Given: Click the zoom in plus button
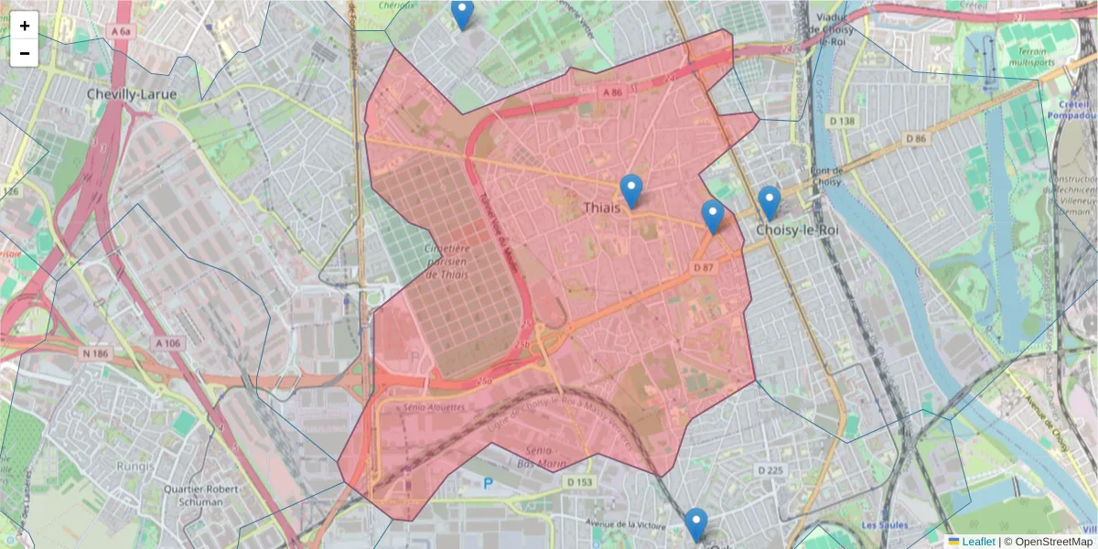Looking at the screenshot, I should pyautogui.click(x=25, y=26).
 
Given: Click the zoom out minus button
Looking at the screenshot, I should pyautogui.click(x=25, y=53).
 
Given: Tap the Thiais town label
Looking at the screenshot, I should pyautogui.click(x=602, y=209).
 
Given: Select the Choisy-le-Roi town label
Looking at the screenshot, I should pyautogui.click(x=796, y=231).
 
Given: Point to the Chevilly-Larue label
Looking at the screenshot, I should pyautogui.click(x=132, y=94).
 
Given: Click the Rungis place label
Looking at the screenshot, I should pyautogui.click(x=136, y=466).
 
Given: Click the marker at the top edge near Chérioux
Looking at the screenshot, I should pyautogui.click(x=463, y=14).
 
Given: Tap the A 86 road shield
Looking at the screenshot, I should pyautogui.click(x=612, y=93).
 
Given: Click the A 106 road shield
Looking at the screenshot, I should pyautogui.click(x=168, y=343).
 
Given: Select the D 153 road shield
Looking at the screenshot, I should pyautogui.click(x=579, y=481).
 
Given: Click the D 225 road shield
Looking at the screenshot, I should pyautogui.click(x=771, y=470).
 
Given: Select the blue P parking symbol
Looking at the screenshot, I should pyautogui.click(x=488, y=483).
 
